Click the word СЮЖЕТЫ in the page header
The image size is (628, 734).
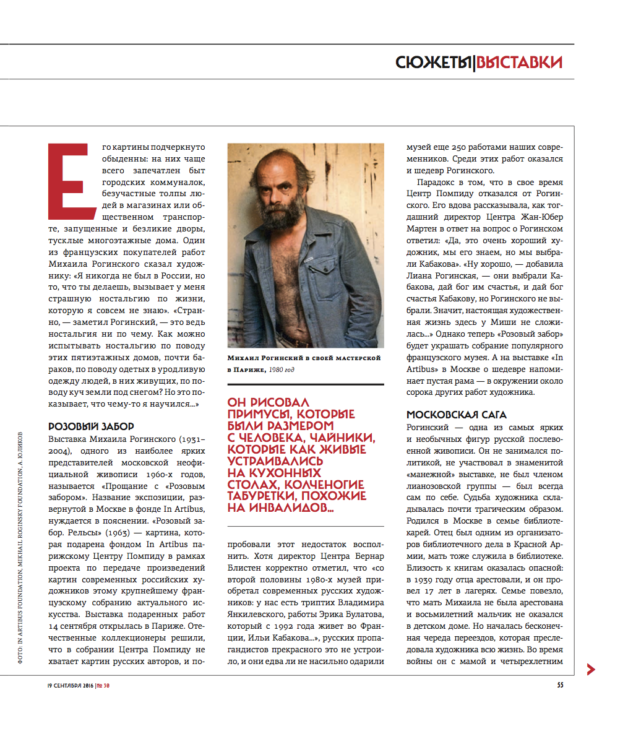click(432, 63)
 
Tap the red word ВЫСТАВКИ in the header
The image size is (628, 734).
click(520, 63)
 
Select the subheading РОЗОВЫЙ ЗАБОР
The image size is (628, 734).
click(91, 426)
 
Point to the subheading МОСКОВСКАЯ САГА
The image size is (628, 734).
click(457, 415)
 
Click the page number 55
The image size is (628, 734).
click(559, 685)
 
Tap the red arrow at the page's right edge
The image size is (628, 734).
click(591, 669)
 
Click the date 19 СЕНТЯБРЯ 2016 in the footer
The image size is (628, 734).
click(70, 685)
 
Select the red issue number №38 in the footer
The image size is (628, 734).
click(103, 685)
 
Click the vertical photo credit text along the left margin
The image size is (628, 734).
click(20, 548)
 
